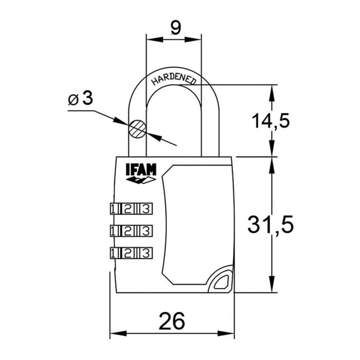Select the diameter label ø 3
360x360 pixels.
click(81, 99)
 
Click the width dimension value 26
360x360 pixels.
click(172, 321)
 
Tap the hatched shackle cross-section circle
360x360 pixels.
click(137, 129)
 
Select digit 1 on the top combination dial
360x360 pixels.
click(114, 208)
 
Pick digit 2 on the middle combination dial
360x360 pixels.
click(130, 230)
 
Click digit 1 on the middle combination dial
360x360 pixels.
click(114, 230)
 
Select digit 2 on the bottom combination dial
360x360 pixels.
click(130, 253)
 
